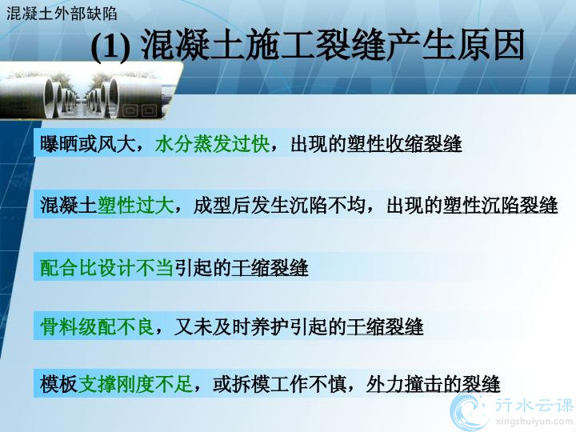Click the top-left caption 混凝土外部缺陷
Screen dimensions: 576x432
(62, 14)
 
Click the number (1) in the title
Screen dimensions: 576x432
(110, 46)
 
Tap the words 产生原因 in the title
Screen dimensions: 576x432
(454, 46)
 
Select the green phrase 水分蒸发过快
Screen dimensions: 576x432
(213, 144)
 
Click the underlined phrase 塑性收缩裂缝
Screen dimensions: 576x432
(404, 144)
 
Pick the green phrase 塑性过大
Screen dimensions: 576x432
(135, 205)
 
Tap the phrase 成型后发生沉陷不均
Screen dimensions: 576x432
(279, 205)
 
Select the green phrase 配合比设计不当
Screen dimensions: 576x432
(107, 267)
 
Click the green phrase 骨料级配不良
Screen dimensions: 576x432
(98, 326)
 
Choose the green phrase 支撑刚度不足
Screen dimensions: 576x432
(135, 384)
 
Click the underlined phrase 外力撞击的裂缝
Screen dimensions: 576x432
(433, 384)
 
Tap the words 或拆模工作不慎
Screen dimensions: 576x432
(280, 384)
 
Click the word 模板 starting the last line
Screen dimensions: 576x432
(58, 384)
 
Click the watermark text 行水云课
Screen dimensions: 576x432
(534, 405)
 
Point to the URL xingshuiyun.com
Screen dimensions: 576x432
(534, 421)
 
